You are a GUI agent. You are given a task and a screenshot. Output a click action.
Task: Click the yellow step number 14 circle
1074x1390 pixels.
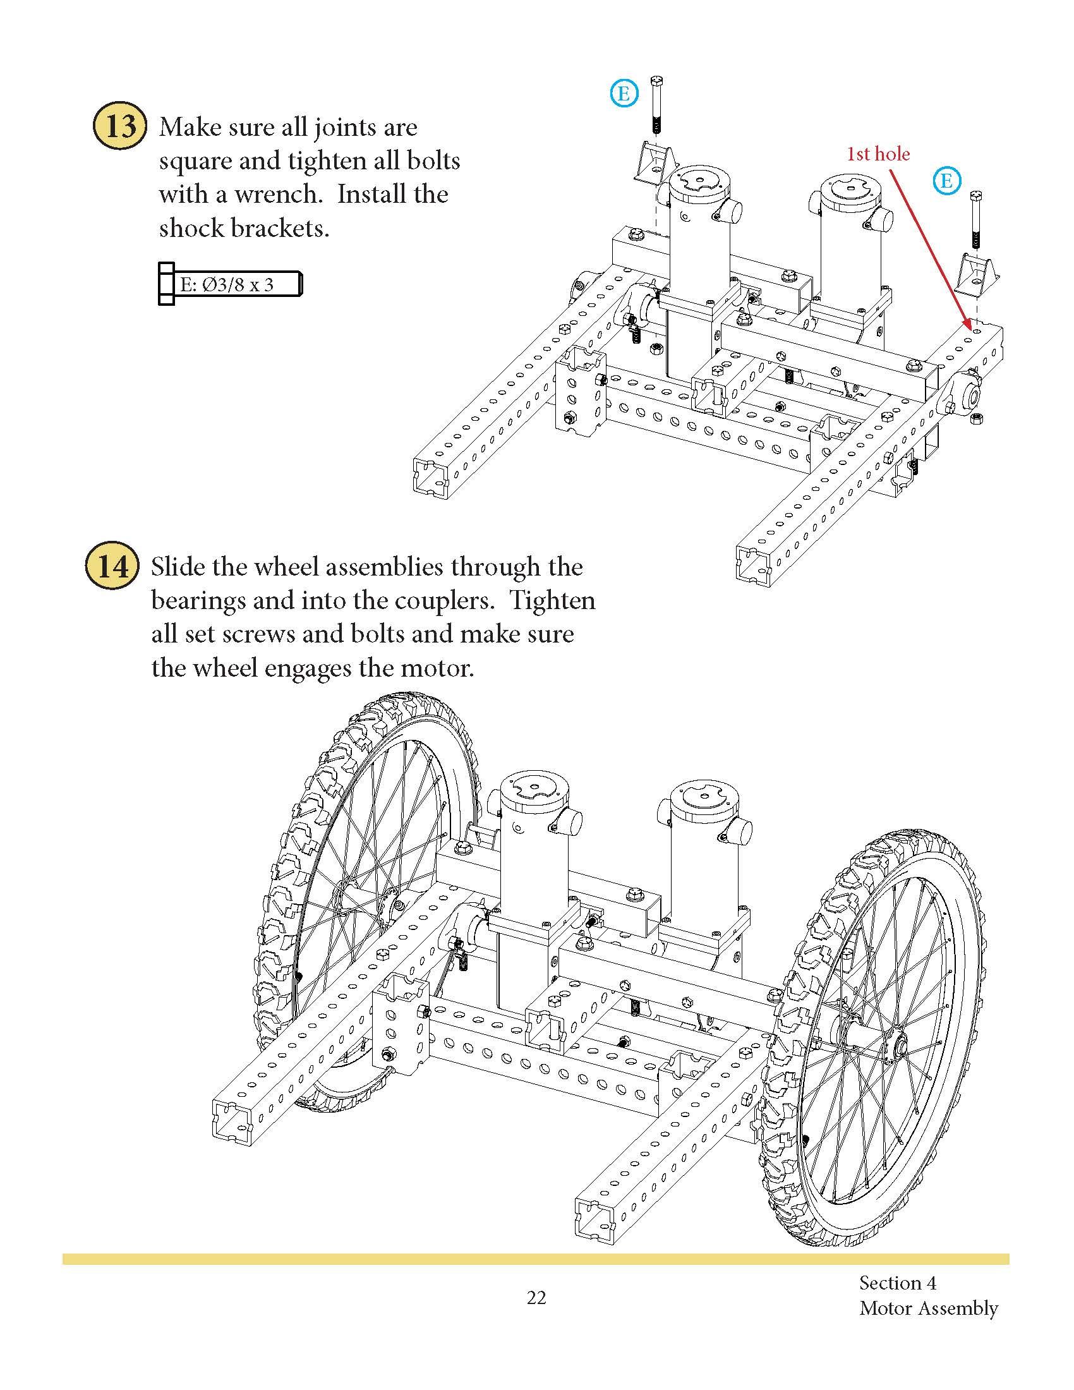point(112,566)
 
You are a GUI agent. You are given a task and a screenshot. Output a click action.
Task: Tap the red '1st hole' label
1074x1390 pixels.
point(878,154)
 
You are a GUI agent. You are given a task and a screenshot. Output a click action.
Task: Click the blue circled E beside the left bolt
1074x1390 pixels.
point(624,94)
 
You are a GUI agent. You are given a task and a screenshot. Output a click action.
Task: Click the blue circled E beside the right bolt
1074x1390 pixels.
point(946,181)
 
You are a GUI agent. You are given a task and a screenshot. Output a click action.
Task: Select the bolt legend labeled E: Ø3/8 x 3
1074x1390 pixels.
point(229,284)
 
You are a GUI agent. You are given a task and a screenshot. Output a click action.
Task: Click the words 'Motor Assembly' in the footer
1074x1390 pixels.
point(927,1321)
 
